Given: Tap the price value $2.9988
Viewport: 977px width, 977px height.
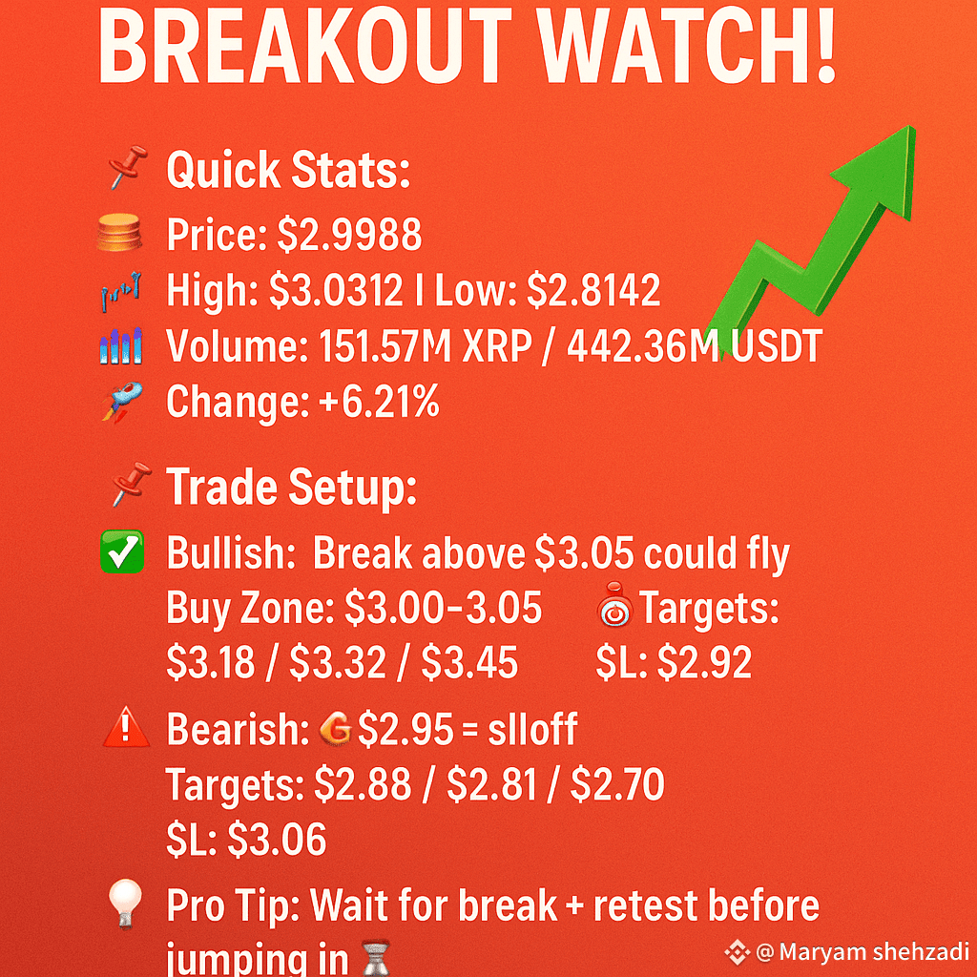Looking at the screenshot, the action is pos(349,235).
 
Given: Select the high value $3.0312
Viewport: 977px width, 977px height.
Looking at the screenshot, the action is pos(336,290).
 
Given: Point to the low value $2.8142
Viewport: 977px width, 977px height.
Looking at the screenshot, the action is pos(593,290).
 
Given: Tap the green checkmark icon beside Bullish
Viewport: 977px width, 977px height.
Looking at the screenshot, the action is pos(122,551).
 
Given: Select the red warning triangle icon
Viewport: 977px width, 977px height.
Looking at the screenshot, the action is pos(126,726).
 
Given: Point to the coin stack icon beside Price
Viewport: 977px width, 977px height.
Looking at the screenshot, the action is pos(119,233).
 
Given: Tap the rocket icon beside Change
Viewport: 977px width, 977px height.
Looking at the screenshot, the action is pos(121,402).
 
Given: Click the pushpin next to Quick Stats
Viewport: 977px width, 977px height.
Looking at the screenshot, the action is pos(128,166).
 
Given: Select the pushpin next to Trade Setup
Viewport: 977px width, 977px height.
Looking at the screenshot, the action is pos(131,484).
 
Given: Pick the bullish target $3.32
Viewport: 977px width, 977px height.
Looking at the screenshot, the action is pos(337,662).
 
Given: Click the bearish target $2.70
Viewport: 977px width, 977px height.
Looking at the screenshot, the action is pos(617,784).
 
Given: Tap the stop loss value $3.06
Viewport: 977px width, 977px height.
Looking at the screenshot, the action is pos(277,839).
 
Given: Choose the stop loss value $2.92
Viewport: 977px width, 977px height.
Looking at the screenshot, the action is pos(704,662).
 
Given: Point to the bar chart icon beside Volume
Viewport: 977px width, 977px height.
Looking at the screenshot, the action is pos(121,345).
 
